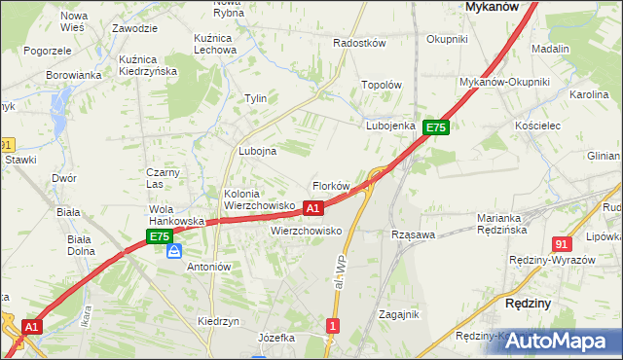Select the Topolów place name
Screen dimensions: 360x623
click(x=382, y=86)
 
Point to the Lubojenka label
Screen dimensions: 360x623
click(x=391, y=126)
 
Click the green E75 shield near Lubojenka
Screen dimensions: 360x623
click(x=435, y=127)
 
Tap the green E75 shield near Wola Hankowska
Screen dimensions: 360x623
click(x=160, y=236)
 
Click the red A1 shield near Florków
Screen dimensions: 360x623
click(x=312, y=208)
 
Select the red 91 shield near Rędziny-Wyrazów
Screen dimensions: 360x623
click(x=561, y=244)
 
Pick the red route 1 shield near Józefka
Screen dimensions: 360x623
click(x=334, y=326)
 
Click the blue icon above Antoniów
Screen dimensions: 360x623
click(x=174, y=251)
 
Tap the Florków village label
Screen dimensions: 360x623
click(x=330, y=186)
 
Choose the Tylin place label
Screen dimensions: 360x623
click(x=255, y=99)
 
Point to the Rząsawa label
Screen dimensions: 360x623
click(x=412, y=235)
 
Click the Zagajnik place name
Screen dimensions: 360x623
click(x=398, y=314)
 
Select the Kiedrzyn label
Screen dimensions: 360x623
click(x=218, y=321)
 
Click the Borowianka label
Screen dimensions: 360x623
click(x=74, y=75)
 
